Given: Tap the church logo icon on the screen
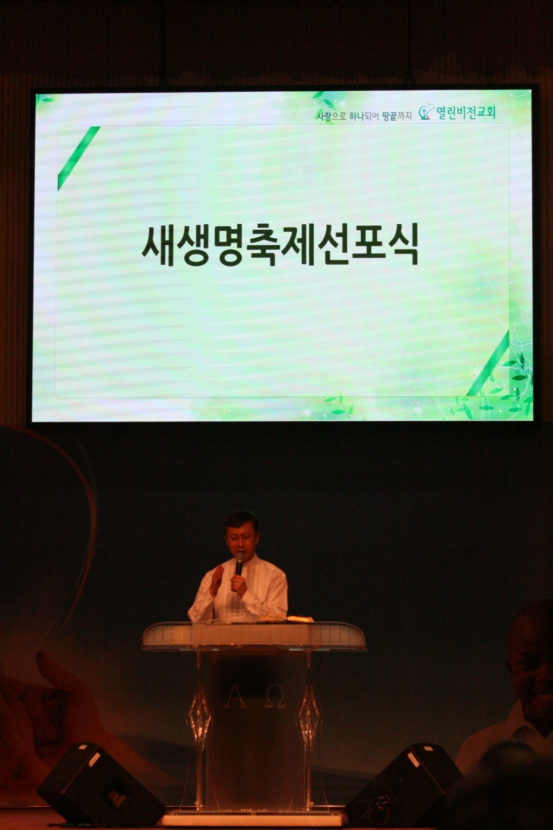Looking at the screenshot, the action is tap(426, 112).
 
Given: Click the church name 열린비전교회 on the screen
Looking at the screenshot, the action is tap(466, 113).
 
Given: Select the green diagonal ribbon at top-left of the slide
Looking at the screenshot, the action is tap(78, 158).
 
